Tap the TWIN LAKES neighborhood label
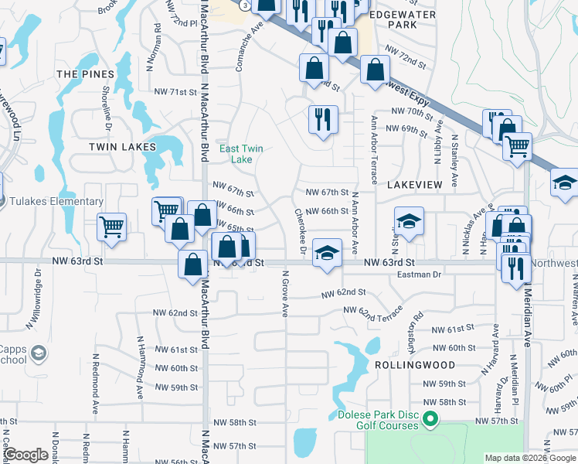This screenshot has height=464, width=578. click(x=122, y=146)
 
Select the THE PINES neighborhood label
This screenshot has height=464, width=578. click(x=85, y=74)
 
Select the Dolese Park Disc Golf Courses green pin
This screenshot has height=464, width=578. click(x=433, y=421)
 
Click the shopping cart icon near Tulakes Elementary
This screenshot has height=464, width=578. click(x=112, y=227)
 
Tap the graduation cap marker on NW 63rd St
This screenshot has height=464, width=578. click(x=327, y=253)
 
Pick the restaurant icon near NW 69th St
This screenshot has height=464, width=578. click(x=321, y=118)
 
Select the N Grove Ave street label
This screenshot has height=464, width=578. click(x=285, y=293)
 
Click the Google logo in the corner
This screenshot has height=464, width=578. click(x=26, y=455)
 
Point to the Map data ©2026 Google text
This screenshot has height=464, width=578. click(x=529, y=458)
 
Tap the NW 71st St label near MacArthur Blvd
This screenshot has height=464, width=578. click(x=173, y=92)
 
